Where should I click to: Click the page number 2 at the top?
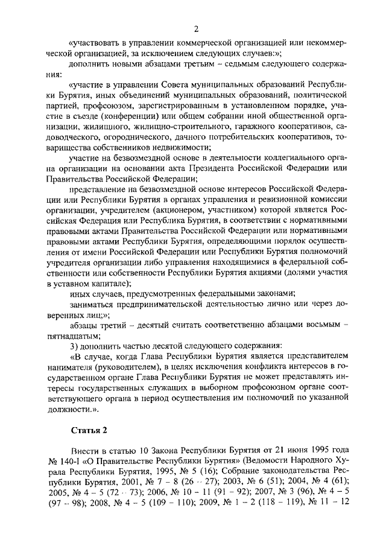point(195,30)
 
